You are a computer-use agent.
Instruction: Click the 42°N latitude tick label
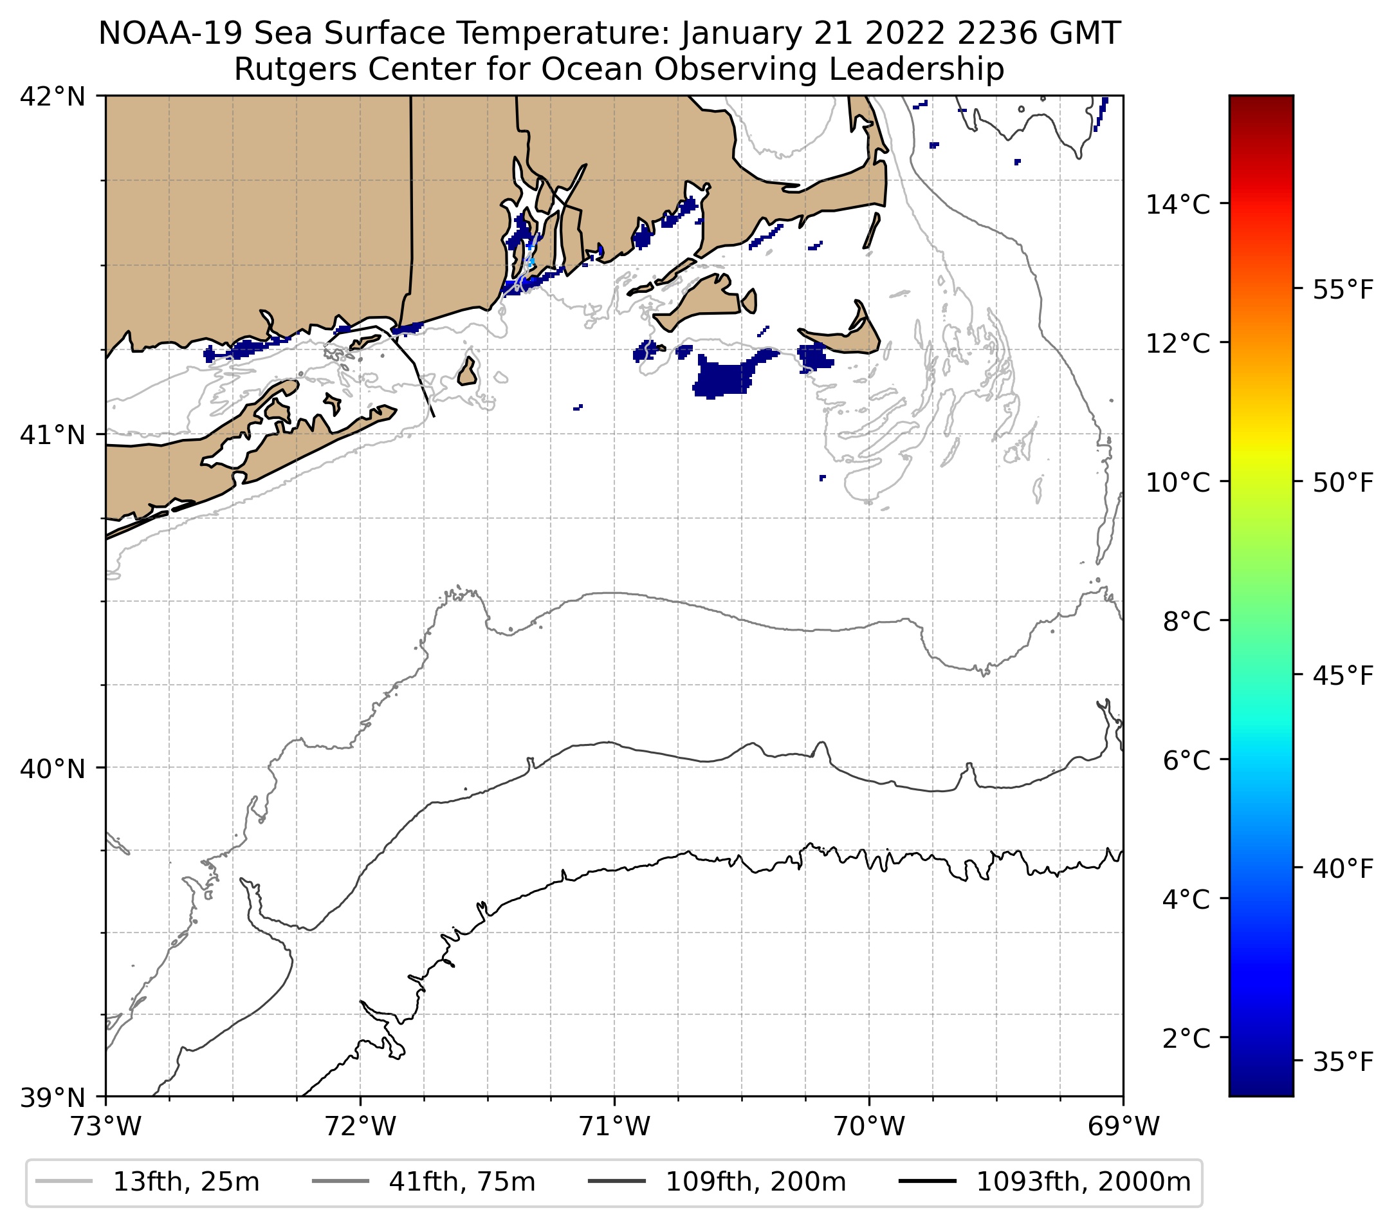point(53,97)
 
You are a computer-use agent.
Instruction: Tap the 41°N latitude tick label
point(53,434)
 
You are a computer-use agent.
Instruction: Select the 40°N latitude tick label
point(53,769)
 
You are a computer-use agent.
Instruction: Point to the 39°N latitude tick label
point(53,1098)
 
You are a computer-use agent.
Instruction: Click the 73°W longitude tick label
point(105,1126)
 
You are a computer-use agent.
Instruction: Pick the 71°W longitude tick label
point(614,1126)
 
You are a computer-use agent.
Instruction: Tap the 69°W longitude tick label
point(1123,1126)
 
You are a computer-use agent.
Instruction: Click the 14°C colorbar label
point(1178,204)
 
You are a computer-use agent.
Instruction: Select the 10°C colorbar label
point(1178,482)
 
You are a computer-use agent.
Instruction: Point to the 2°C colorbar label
point(1186,1038)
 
